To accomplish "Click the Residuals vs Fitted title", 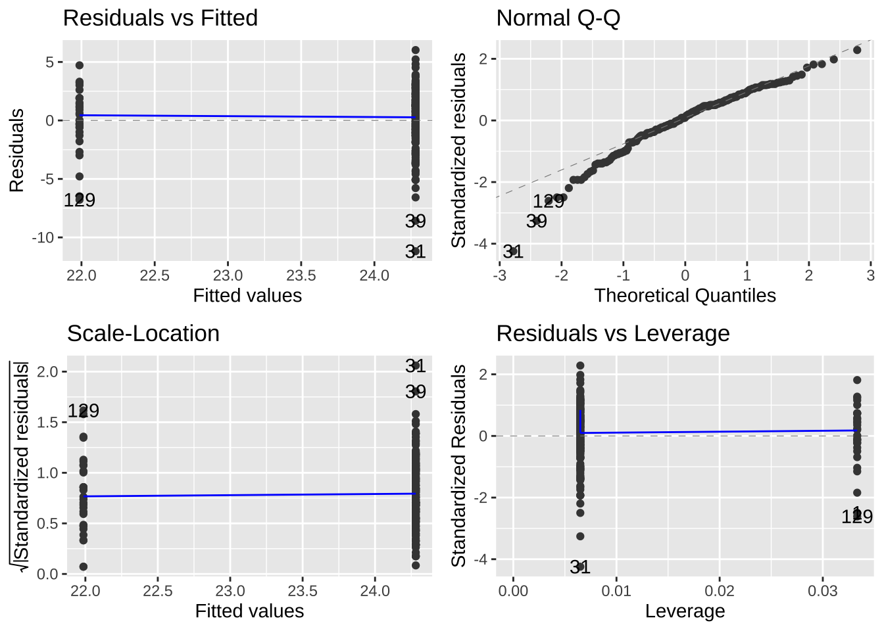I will tap(160, 18).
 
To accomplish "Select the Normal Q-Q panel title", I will tap(558, 18).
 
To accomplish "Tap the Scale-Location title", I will tap(143, 333).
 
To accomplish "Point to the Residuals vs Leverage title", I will tap(612, 333).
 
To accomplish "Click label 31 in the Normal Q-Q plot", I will tap(513, 251).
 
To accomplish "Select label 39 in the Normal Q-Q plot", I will tap(537, 221).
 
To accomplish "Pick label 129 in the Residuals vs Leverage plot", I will tap(857, 517).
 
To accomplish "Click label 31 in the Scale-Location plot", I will tap(415, 365).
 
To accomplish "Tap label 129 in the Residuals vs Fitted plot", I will tap(80, 200).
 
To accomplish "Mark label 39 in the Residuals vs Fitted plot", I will tap(415, 221).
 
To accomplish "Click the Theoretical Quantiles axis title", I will tap(685, 296).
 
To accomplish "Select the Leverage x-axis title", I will tap(685, 611).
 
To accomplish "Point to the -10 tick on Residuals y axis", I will tap(44, 237).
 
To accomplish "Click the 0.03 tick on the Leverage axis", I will tap(822, 590).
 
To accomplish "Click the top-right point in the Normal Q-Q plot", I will tap(857, 50).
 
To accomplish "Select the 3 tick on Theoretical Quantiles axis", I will tap(870, 275).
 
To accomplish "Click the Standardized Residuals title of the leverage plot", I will tap(458, 465).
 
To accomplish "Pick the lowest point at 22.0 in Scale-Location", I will tap(83, 567).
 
